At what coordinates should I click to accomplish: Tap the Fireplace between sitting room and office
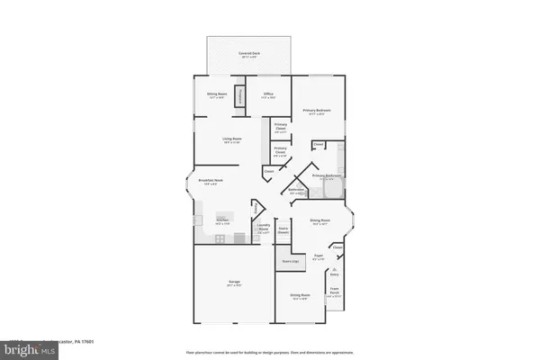[x=239, y=97]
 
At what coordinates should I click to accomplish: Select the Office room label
[x=268, y=95]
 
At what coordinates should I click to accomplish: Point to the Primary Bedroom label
[x=318, y=112]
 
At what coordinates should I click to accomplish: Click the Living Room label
[x=234, y=139]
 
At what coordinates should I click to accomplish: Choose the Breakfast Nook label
[x=211, y=182]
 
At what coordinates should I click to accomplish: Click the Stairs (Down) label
[x=283, y=229]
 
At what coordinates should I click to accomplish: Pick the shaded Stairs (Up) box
[x=285, y=262]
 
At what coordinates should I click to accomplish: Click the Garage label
[x=233, y=283]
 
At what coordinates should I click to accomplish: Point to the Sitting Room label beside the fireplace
[x=215, y=95]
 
